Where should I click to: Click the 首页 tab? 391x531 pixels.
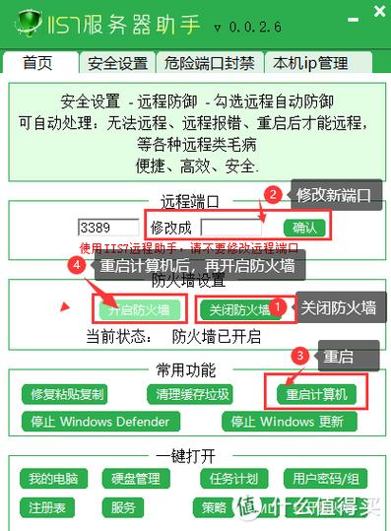click(x=38, y=63)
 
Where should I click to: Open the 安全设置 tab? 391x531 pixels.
click(x=117, y=63)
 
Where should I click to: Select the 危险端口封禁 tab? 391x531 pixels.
click(x=210, y=63)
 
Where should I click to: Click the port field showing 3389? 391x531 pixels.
click(x=108, y=227)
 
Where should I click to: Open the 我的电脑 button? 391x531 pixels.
click(x=53, y=480)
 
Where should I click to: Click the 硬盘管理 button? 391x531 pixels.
click(x=135, y=480)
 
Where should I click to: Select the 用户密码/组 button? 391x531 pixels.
click(x=322, y=480)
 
